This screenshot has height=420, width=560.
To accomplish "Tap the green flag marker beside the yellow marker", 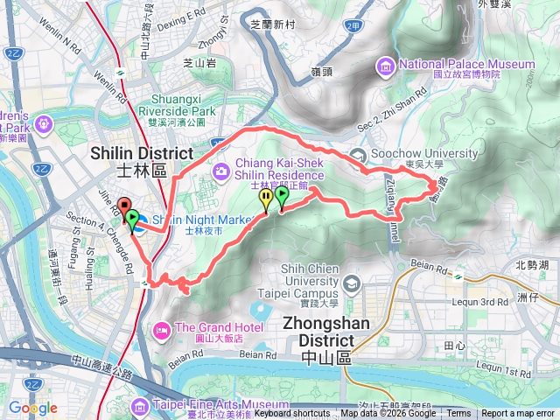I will point(282,199).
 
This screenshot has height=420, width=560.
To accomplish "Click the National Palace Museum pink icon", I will point(386,65).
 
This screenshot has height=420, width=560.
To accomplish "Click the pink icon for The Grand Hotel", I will point(162,331).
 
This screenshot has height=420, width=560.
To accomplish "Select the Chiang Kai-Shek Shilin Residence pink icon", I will point(222,169).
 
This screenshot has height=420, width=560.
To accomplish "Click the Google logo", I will point(32,408).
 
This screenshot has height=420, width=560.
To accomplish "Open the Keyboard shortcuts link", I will point(292,414).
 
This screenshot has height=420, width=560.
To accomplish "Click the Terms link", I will point(458,414).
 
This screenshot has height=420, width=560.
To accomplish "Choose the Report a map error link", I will point(517,414).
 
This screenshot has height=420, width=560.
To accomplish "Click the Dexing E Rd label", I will point(181,13).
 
